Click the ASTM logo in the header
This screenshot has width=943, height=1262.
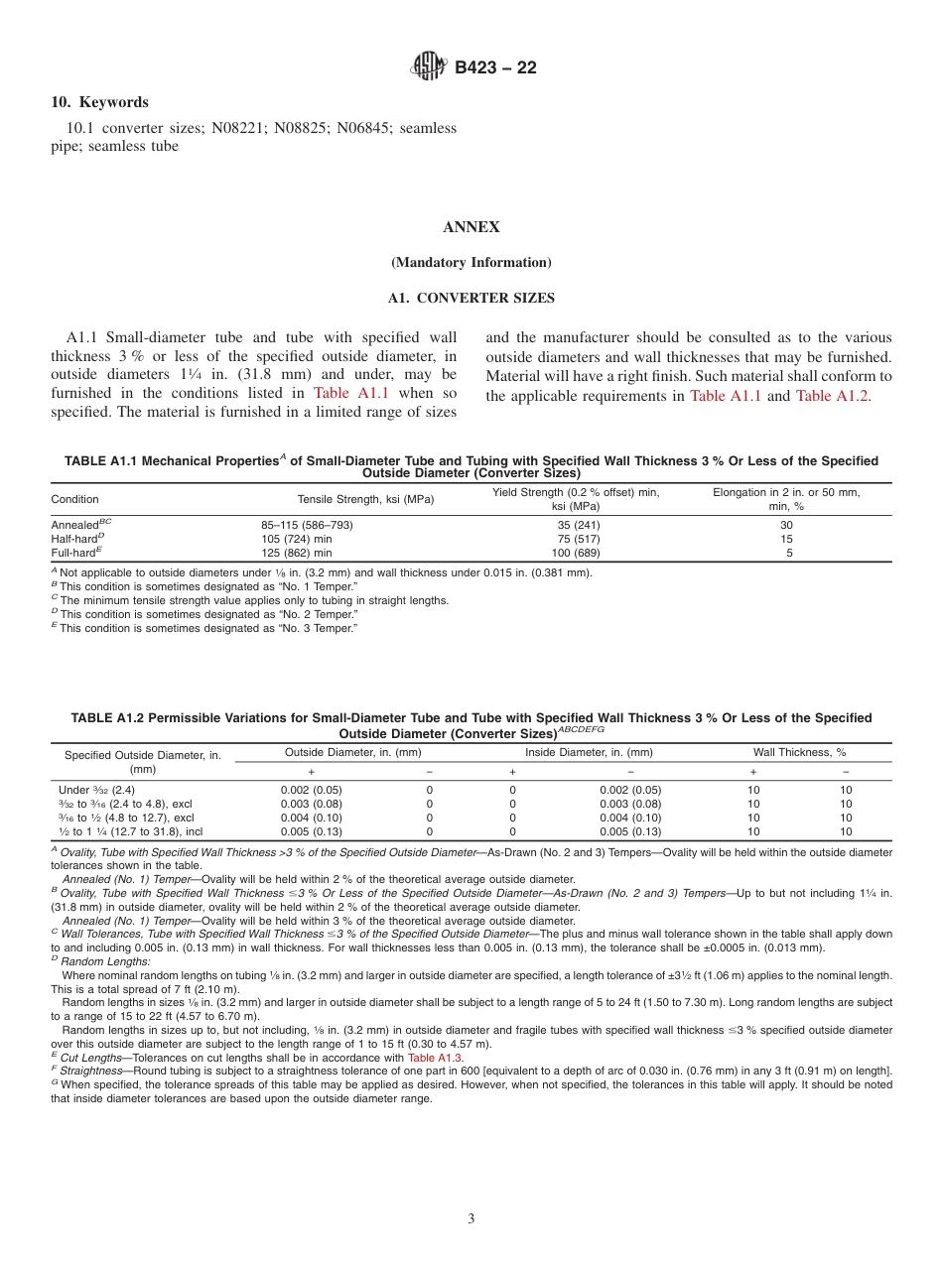pyautogui.click(x=429, y=67)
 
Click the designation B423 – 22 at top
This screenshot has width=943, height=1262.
pyautogui.click(x=495, y=68)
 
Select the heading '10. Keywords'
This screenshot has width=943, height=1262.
pyautogui.click(x=99, y=102)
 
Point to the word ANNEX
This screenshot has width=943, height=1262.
pyautogui.click(x=471, y=227)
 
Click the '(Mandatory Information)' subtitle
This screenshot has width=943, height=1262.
pyautogui.click(x=471, y=263)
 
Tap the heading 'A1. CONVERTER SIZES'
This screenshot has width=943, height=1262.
pyautogui.click(x=471, y=298)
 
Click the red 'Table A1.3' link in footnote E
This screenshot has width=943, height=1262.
pyautogui.click(x=434, y=1058)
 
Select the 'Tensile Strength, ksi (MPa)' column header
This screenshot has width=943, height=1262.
pyautogui.click(x=366, y=499)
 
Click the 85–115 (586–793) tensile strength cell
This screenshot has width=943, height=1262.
pyautogui.click(x=307, y=525)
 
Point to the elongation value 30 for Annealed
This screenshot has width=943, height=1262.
pyautogui.click(x=787, y=525)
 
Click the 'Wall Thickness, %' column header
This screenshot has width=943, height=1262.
pyautogui.click(x=799, y=752)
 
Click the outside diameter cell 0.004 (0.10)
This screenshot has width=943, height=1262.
pyautogui.click(x=312, y=818)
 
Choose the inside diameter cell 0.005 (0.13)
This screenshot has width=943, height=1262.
pyautogui.click(x=630, y=831)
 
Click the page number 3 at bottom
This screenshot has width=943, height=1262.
pyautogui.click(x=471, y=1218)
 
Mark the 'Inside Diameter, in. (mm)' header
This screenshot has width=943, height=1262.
pyautogui.click(x=589, y=752)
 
